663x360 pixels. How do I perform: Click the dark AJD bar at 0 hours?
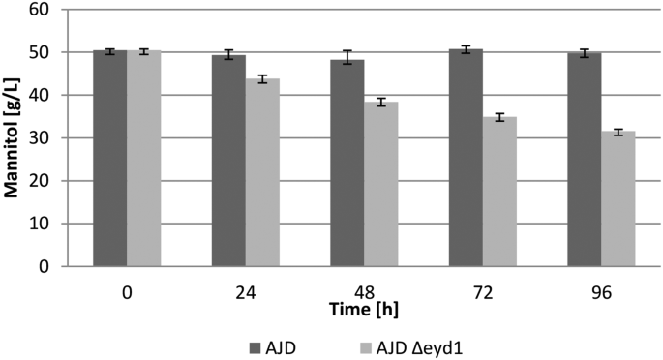pyautogui.click(x=109, y=159)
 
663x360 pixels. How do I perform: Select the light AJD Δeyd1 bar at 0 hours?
pyautogui.click(x=144, y=159)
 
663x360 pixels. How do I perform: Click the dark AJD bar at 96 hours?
pyautogui.click(x=585, y=160)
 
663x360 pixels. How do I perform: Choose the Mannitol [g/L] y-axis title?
pyautogui.click(x=13, y=137)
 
